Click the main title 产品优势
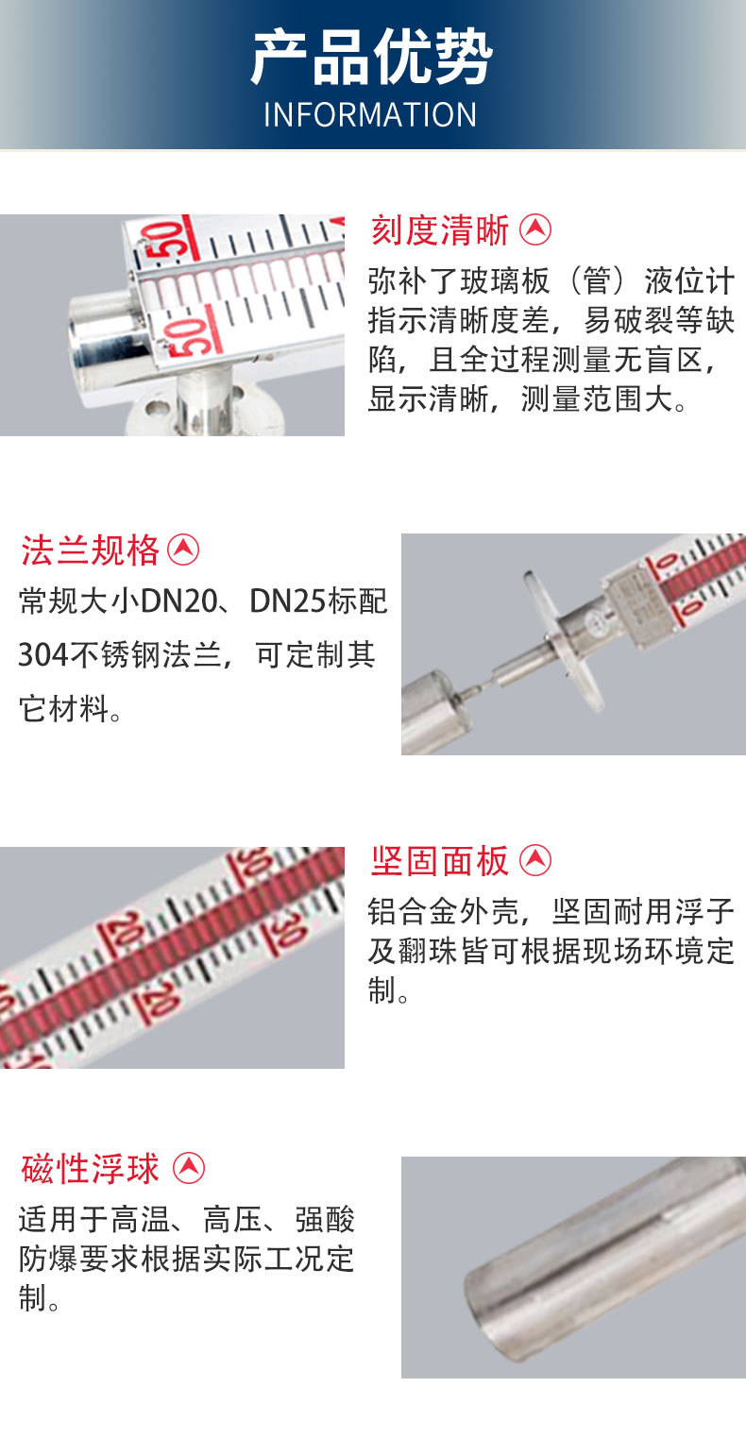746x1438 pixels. tap(371, 59)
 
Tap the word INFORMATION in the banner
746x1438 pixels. tap(370, 115)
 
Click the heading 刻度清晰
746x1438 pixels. tap(440, 229)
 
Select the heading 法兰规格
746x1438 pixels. tap(91, 550)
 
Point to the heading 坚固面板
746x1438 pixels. tap(440, 860)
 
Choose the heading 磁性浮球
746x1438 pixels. tap(91, 1169)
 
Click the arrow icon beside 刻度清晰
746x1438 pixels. tap(536, 228)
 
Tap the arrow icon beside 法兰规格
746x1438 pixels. tap(183, 549)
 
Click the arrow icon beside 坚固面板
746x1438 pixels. tap(536, 859)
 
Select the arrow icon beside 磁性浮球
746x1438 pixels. tap(189, 1168)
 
